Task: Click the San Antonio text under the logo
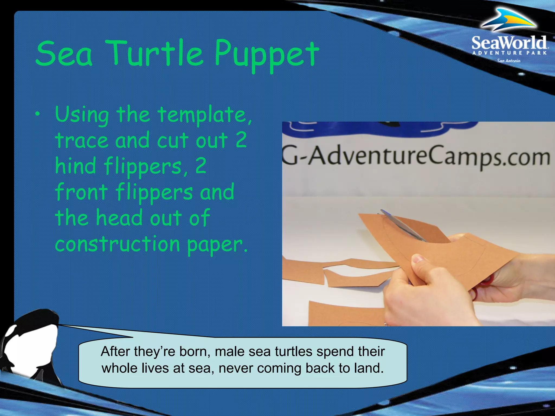pos(509,61)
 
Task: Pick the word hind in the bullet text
pos(75,166)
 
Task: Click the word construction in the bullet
pos(117,244)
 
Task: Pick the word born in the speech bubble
pos(195,352)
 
